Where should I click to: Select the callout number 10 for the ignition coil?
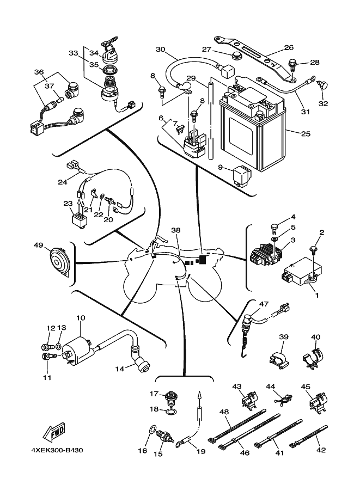(x=81, y=317)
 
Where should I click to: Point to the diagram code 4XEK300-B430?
(x=54, y=450)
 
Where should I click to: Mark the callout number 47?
(x=264, y=304)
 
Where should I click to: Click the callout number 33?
(x=74, y=53)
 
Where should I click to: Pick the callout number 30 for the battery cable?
(x=160, y=50)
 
